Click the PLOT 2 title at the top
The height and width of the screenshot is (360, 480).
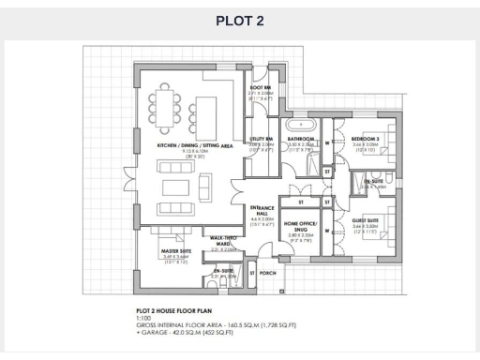240,22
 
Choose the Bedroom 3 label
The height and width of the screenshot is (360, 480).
366,138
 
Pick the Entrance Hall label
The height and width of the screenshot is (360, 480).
260,212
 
